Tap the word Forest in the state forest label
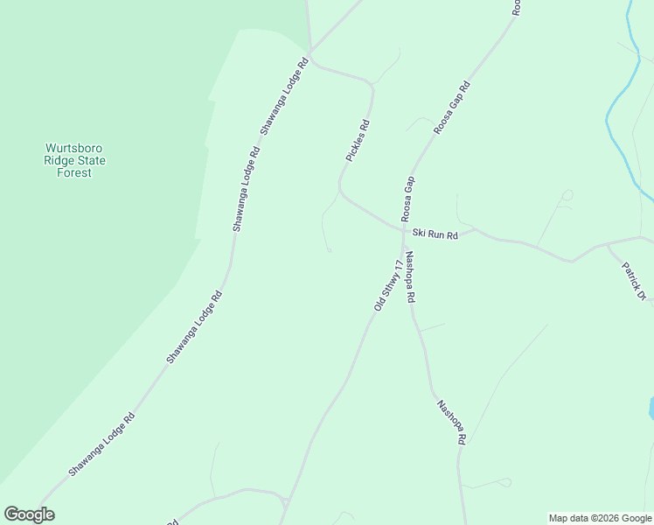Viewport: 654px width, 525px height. [74, 172]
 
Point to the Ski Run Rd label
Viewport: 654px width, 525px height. [436, 235]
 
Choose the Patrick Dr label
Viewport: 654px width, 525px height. [634, 281]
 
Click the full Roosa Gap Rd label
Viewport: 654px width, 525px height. [453, 108]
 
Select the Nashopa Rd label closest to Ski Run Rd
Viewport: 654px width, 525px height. [410, 277]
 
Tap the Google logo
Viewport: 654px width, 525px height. [29, 514]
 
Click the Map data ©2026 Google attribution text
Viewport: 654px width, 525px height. [600, 518]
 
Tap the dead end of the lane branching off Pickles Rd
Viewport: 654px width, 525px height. [330, 252]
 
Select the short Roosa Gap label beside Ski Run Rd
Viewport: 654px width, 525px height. [407, 198]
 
